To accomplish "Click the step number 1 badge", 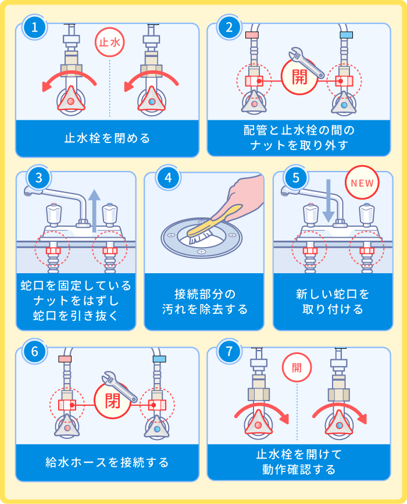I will (35, 27).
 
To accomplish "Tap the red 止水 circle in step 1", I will (110, 43).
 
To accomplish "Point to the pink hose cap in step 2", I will (252, 35).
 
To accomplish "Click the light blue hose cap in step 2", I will (347, 35).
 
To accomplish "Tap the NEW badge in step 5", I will (362, 183).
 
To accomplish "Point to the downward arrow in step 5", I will (329, 201).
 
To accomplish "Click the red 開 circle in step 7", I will (297, 367).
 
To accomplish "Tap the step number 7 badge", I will (229, 352).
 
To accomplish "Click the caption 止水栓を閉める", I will (107, 138).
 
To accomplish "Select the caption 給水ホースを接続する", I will (107, 462).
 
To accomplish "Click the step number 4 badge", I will (169, 177).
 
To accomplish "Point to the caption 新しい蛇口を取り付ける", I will (332, 301).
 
